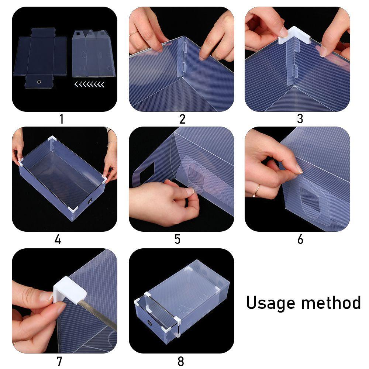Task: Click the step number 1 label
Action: [62, 119]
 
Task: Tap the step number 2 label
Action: [182, 119]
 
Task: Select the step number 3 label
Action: [300, 118]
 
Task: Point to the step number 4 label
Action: [58, 239]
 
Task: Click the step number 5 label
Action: [177, 239]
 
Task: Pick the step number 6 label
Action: [300, 239]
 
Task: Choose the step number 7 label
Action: [59, 361]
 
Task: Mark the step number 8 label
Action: [181, 361]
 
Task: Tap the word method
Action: [331, 303]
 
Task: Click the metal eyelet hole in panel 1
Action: [39, 82]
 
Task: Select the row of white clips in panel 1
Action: [89, 84]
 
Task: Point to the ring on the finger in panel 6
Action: [256, 190]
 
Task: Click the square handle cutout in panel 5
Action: [147, 170]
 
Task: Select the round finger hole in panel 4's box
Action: [90, 201]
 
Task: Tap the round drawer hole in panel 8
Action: [150, 323]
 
